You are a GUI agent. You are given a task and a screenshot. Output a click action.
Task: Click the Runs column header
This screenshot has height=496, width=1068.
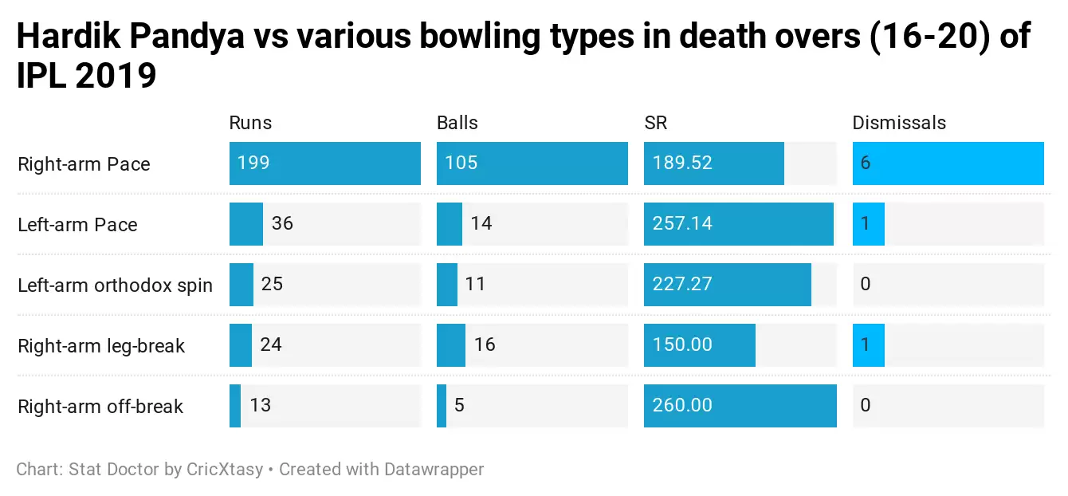coord(250,123)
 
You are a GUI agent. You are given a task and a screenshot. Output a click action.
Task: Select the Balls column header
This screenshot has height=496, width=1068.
coord(457,123)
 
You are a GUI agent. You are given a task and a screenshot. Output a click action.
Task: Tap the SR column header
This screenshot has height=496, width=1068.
coord(655,123)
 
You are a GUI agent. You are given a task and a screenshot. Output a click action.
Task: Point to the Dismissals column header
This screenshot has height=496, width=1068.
coord(899,123)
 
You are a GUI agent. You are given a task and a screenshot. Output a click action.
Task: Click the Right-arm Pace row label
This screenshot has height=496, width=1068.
coord(84,164)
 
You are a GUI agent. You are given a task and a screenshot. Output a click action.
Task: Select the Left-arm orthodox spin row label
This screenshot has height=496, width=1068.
coord(115,285)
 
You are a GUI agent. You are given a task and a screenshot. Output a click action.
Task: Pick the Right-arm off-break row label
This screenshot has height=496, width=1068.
coord(100,407)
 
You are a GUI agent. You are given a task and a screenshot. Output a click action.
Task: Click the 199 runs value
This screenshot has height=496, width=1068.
coord(253,163)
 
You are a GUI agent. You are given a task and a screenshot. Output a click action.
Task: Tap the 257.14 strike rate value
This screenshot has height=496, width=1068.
coord(682,224)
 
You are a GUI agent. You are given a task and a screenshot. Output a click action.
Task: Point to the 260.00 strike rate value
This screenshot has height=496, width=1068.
coord(682,406)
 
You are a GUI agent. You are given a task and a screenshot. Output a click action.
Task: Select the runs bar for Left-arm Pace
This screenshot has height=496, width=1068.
coord(246,224)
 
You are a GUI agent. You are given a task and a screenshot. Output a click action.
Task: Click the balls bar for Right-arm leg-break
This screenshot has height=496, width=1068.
coord(451,345)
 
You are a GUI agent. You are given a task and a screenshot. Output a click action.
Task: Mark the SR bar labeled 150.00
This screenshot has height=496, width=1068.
coord(700,345)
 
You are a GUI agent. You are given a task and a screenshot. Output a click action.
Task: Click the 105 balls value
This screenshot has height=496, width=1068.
coord(461,163)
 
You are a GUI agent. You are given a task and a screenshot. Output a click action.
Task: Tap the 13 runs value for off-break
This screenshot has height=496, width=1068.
coord(260,406)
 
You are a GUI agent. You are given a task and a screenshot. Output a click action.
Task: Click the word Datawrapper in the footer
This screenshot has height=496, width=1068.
coord(434,469)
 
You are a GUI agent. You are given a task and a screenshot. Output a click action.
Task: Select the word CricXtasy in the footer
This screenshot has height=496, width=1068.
coord(224,469)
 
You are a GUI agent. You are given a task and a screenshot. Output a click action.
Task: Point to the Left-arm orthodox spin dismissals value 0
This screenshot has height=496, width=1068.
coord(866,285)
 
